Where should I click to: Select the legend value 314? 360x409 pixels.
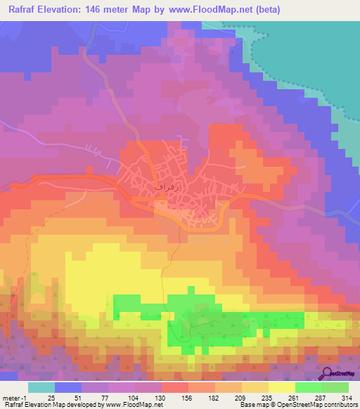[347, 397]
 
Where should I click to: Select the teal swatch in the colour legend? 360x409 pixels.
[41, 387]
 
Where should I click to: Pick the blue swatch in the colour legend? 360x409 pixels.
[68, 387]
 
